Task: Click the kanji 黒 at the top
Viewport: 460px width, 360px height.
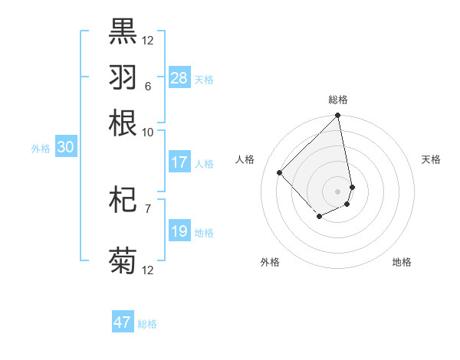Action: (x=123, y=31)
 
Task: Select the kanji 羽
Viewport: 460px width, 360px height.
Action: (x=123, y=77)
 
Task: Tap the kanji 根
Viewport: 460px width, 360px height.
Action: (x=123, y=123)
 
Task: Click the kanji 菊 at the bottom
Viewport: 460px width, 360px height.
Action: (x=123, y=260)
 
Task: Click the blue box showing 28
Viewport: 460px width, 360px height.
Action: (x=179, y=77)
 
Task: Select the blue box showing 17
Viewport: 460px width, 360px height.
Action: (x=179, y=162)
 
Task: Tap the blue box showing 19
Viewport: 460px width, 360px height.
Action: (x=179, y=231)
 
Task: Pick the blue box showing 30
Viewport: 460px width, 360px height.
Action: (x=65, y=148)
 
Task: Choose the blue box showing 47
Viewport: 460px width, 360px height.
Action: (x=123, y=322)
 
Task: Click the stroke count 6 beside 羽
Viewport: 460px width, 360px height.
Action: (x=147, y=87)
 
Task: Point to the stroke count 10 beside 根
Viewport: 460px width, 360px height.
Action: (x=147, y=132)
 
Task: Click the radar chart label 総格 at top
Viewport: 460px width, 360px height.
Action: (x=338, y=100)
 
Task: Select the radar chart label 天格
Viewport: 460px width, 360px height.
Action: (x=432, y=159)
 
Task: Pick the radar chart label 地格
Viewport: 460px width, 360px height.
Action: (x=402, y=262)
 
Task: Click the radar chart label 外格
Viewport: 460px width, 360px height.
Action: (x=270, y=262)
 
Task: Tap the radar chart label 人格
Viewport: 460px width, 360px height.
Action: (x=245, y=159)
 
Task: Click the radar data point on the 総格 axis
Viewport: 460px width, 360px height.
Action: (x=337, y=116)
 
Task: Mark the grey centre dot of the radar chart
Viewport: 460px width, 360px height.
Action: (x=337, y=191)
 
